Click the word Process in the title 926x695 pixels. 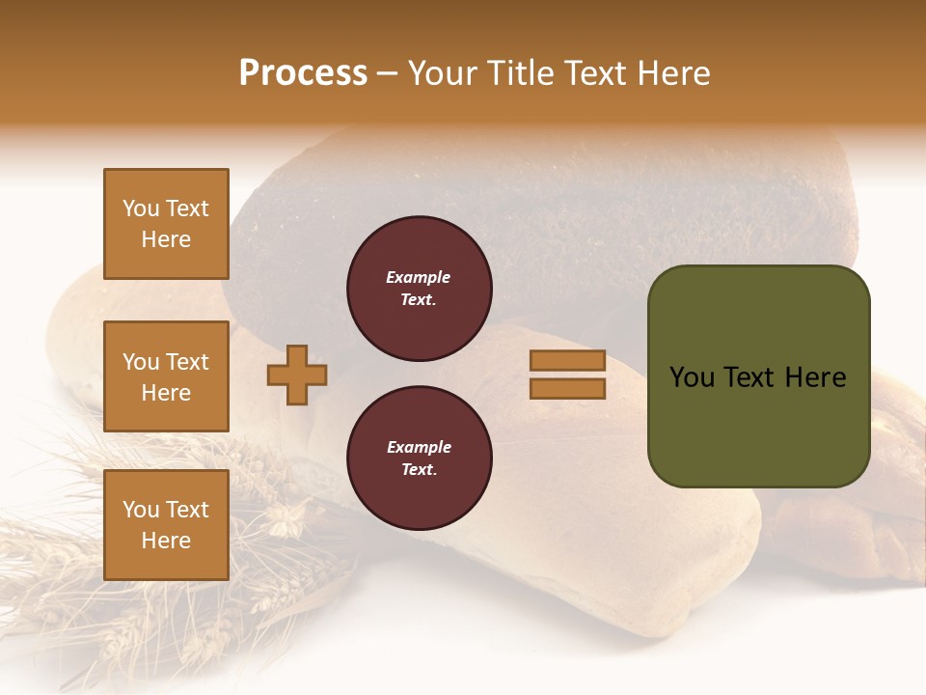(x=303, y=73)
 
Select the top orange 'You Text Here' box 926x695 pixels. (x=166, y=224)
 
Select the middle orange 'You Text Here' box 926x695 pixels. (x=166, y=376)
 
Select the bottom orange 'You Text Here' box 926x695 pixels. (x=166, y=525)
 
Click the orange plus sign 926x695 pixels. (x=297, y=375)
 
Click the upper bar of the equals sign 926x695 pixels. (x=567, y=360)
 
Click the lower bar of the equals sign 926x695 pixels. (x=567, y=389)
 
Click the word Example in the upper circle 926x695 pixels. (x=419, y=277)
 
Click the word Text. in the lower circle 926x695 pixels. (x=419, y=470)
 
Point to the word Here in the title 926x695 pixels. (x=673, y=73)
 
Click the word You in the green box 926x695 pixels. (x=692, y=377)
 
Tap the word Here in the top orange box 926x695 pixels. (x=166, y=239)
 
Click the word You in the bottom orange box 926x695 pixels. (x=141, y=510)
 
